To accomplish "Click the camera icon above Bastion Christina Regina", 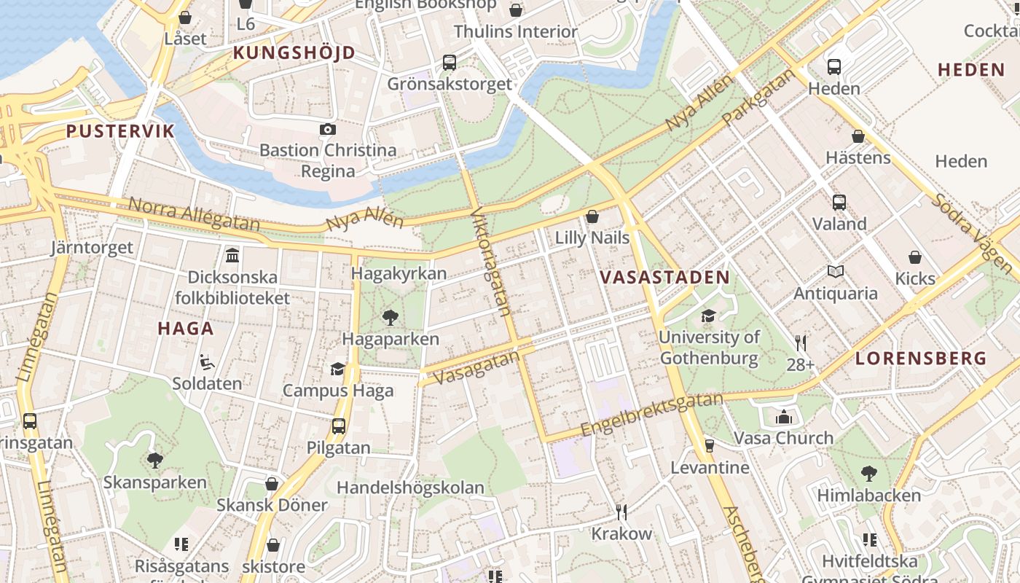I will click(x=328, y=129).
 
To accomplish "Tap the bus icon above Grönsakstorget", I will click(x=450, y=63).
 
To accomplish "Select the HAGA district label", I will click(x=186, y=329).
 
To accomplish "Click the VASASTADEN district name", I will click(x=664, y=277).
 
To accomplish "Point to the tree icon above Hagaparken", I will click(x=391, y=317).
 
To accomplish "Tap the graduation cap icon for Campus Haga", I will click(x=337, y=369).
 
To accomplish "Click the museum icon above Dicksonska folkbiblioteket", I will click(x=232, y=255).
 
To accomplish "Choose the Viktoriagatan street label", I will click(x=491, y=262).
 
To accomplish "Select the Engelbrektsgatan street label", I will click(x=652, y=415).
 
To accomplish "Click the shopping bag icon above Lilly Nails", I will click(x=592, y=216).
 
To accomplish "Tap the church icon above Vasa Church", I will click(x=784, y=417).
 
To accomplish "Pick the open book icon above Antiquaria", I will click(x=836, y=272).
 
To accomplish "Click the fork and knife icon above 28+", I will click(x=801, y=343).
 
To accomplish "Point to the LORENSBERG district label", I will click(x=921, y=359).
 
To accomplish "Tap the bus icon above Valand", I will click(x=839, y=202).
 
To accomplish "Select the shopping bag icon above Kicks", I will click(x=915, y=257).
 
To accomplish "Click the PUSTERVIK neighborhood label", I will click(x=120, y=131).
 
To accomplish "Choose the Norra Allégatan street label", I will click(x=195, y=214).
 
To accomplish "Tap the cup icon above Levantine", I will click(x=710, y=445).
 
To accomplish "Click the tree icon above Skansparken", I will click(x=154, y=460).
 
